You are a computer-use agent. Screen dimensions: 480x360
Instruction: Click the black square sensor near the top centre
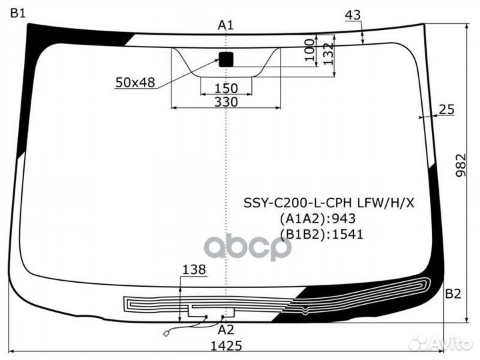click(226, 59)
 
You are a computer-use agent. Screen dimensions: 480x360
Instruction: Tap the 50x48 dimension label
click(135, 83)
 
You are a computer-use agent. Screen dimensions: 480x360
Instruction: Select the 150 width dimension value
click(226, 89)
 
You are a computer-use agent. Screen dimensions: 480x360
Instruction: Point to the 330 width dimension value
click(226, 101)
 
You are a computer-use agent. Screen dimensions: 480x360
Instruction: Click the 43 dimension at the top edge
click(353, 15)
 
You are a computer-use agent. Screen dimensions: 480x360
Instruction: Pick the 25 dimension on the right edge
click(447, 109)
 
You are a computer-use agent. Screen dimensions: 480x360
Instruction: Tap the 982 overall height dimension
click(461, 165)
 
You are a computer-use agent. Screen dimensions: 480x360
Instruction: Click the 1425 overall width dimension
click(226, 346)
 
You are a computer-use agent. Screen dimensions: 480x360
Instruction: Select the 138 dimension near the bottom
click(194, 270)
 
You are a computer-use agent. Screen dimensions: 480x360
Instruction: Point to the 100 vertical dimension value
click(310, 50)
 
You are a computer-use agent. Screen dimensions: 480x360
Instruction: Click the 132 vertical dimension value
click(328, 54)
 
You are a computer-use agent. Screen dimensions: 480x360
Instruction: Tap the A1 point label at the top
click(225, 25)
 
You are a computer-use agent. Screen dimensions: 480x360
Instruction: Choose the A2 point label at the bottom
click(226, 330)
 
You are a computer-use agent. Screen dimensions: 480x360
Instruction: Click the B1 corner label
click(18, 13)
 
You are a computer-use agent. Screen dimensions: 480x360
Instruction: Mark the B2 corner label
click(453, 294)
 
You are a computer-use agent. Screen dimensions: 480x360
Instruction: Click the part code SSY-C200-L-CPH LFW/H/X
click(329, 203)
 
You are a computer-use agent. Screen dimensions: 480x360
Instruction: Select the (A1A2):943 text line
click(317, 219)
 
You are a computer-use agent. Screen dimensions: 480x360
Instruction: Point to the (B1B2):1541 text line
click(321, 235)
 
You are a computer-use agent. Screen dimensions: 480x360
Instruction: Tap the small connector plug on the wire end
click(166, 333)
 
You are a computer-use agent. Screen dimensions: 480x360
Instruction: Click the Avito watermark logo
click(441, 343)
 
